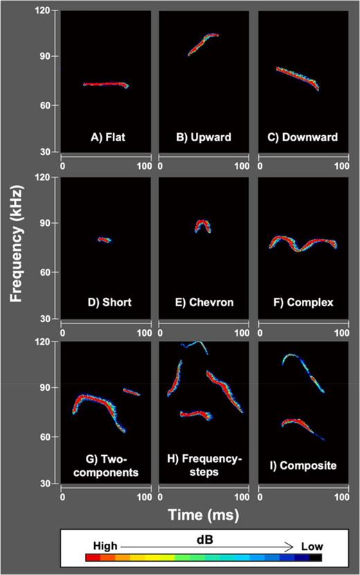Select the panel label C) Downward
pyautogui.click(x=303, y=137)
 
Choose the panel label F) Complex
pyautogui.click(x=303, y=302)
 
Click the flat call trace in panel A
pyautogui.click(x=104, y=84)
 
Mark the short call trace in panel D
pyautogui.click(x=104, y=240)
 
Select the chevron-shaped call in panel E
pyautogui.click(x=203, y=223)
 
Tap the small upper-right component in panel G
pyautogui.click(x=131, y=391)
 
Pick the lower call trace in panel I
pyautogui.click(x=298, y=422)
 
